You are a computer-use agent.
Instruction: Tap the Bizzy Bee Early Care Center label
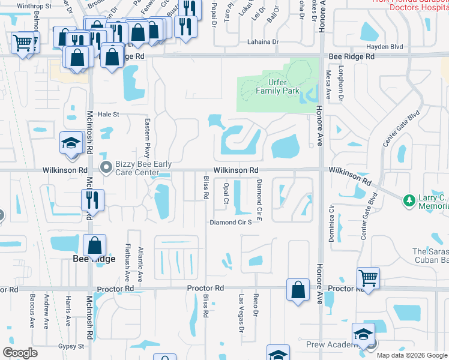(x=145, y=168)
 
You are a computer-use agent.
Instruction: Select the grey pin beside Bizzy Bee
(x=106, y=167)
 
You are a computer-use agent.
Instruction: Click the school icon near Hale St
(x=71, y=144)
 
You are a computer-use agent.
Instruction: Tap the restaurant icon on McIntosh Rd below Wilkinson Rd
(x=92, y=200)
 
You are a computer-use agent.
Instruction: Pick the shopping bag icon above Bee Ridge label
(x=94, y=245)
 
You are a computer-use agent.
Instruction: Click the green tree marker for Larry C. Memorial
(x=409, y=199)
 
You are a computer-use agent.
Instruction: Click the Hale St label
(x=109, y=114)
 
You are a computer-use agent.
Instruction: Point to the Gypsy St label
(x=71, y=346)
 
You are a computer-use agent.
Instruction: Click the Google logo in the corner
(x=20, y=353)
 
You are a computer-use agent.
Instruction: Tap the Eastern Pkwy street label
(x=147, y=137)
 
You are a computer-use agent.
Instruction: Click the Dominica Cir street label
(x=331, y=223)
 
